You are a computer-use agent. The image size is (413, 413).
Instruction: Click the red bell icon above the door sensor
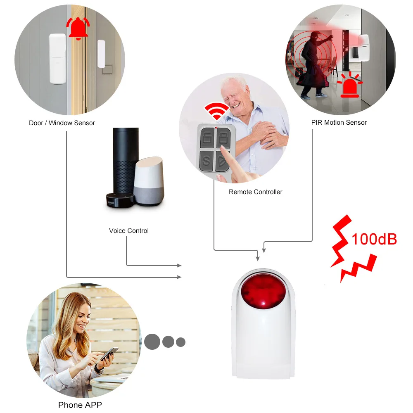[x=78, y=28]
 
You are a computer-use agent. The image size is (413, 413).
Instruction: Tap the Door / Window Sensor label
[x=62, y=123]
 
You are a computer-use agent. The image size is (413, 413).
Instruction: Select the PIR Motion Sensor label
[x=339, y=123]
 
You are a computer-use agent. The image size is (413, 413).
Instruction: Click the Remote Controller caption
[x=256, y=192]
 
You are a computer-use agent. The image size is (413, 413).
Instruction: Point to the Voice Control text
[x=129, y=231]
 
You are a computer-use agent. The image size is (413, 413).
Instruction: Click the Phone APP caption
[x=80, y=405]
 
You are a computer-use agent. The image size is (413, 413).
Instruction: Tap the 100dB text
[x=374, y=239]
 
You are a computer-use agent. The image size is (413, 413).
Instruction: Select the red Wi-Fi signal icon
[x=216, y=111]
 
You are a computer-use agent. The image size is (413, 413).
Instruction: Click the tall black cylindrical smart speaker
[x=126, y=161]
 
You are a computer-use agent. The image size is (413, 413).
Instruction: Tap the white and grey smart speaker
[x=149, y=181]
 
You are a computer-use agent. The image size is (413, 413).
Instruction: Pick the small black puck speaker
[x=120, y=200]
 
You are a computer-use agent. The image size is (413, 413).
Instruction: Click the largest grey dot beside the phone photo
[x=152, y=342]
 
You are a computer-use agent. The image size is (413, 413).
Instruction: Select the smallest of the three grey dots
[x=181, y=342]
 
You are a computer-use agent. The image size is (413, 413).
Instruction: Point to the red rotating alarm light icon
[x=350, y=84]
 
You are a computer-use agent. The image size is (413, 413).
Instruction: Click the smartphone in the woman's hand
[x=109, y=354]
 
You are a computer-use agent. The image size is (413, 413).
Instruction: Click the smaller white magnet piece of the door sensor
[x=101, y=54]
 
